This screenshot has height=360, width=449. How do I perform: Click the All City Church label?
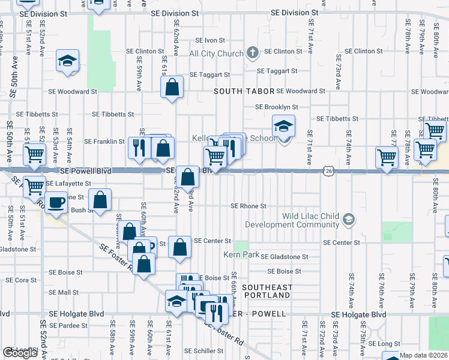tap(216, 53)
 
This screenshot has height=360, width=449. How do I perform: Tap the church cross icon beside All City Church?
tap(253, 53)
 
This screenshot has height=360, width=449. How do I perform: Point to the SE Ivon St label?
tap(209, 40)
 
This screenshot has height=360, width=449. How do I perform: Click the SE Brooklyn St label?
tap(277, 107)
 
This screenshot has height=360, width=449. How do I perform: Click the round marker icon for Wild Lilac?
tap(348, 220)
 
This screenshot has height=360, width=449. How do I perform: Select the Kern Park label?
tap(242, 255)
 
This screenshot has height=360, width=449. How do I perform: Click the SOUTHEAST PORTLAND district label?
tap(267, 292)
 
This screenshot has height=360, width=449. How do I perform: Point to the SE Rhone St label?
tap(249, 206)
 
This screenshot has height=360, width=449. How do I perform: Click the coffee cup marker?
tap(57, 203)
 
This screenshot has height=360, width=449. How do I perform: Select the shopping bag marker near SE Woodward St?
tap(172, 87)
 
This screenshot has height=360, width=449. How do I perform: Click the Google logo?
tap(20, 353)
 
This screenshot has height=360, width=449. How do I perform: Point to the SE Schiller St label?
tap(204, 350)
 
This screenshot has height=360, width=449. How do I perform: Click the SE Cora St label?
tap(26, 280)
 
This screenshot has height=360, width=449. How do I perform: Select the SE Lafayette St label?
tap(70, 184)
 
